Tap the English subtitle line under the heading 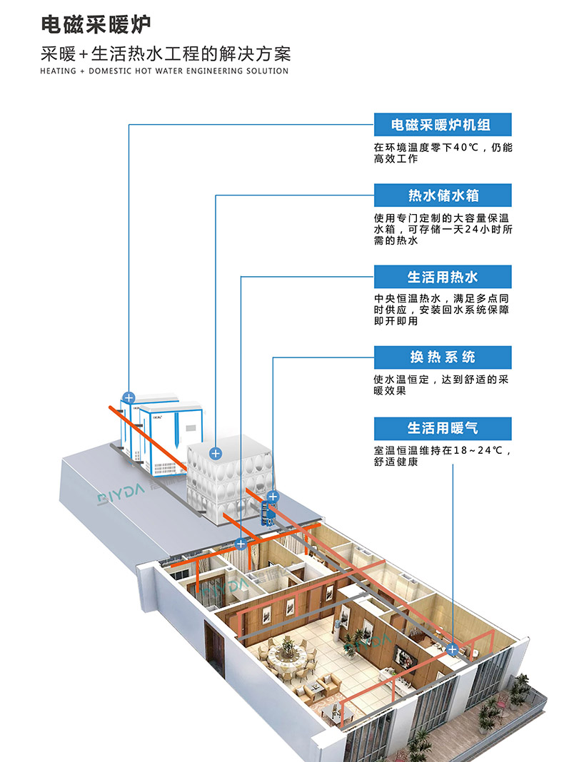click(164, 71)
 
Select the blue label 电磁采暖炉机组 click(443, 125)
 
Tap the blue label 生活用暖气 click(443, 428)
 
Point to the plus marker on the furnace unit click(129, 397)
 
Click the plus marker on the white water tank click(215, 452)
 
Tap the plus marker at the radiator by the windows click(452, 649)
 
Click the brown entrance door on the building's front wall click(213, 646)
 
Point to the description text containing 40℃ click(443, 153)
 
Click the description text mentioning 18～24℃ click(443, 456)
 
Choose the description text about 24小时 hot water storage click(443, 229)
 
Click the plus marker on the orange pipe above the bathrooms click(241, 544)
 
